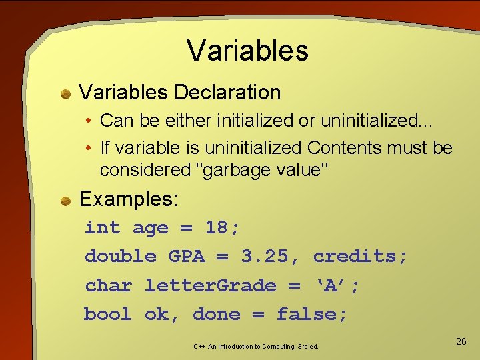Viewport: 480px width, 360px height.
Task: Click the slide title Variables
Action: coord(247,51)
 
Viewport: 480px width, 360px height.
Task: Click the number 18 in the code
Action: coord(217,228)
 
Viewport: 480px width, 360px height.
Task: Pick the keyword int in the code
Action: coord(102,228)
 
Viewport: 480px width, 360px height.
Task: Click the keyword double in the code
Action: coord(120,257)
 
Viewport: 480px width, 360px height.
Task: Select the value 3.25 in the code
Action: coord(265,257)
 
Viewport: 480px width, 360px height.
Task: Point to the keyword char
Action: coord(108,286)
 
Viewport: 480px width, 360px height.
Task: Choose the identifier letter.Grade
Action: coord(210,286)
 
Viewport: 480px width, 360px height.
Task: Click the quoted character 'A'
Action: coord(329,286)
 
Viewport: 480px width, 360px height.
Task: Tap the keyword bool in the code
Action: coord(107,315)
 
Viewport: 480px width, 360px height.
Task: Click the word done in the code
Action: coord(216,315)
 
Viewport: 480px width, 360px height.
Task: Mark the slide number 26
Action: coord(461,341)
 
